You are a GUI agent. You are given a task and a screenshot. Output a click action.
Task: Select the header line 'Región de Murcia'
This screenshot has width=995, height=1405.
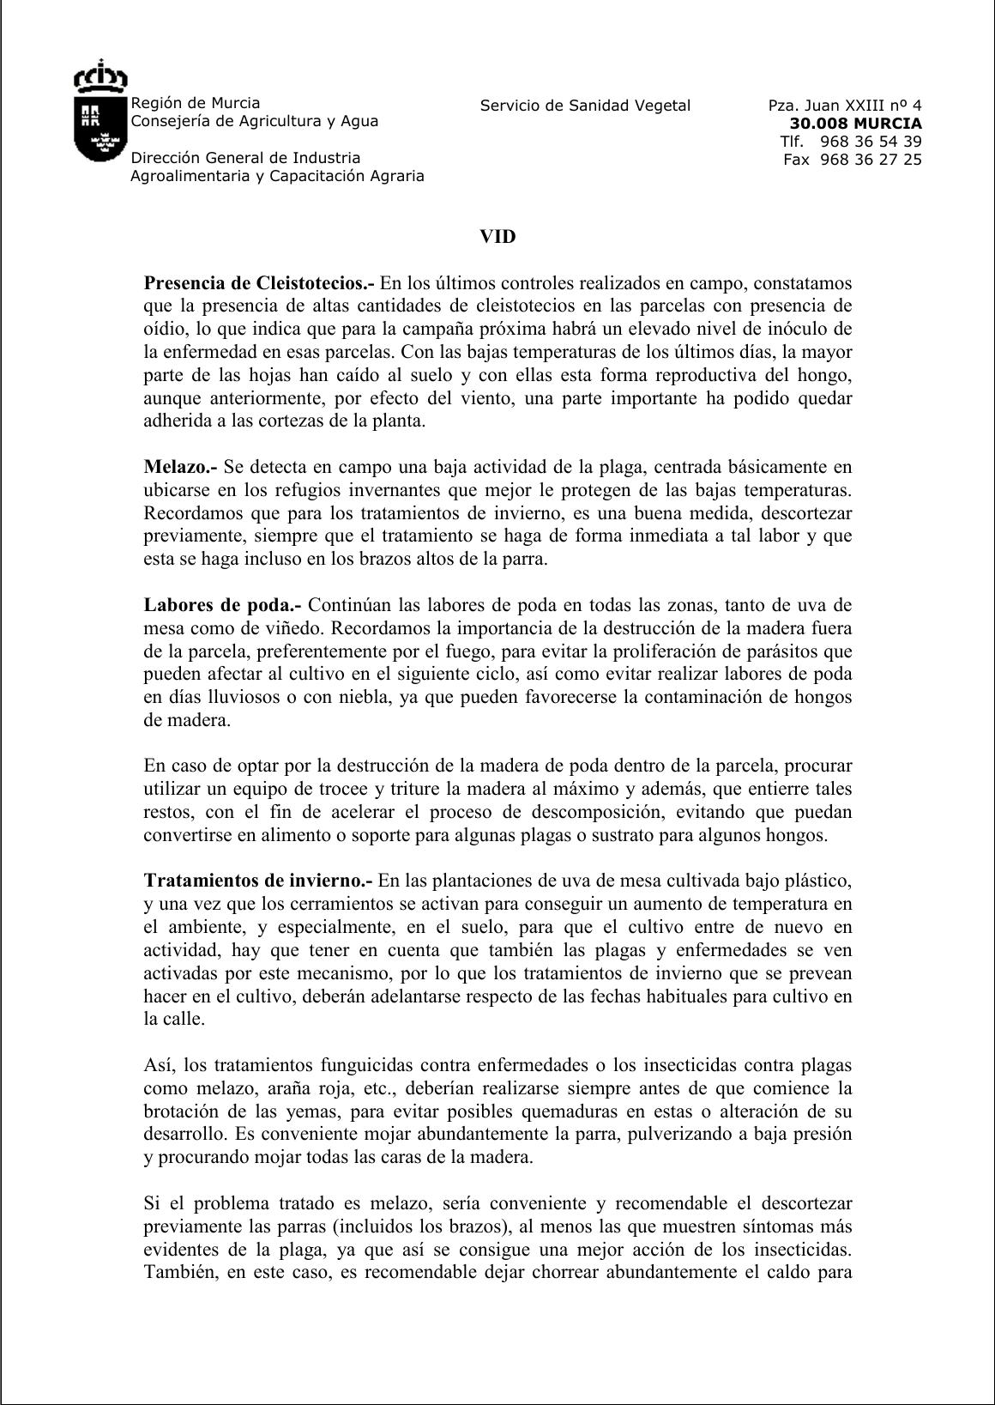195,103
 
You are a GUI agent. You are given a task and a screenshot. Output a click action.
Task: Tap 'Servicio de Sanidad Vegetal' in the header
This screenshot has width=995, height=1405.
585,106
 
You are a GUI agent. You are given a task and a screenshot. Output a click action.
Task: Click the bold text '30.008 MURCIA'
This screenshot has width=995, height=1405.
855,124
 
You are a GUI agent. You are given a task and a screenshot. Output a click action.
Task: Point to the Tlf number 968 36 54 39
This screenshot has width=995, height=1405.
871,142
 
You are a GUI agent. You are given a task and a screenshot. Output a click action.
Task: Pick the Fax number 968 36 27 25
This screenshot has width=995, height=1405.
871,160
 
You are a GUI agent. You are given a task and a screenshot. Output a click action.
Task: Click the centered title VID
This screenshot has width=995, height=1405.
497,237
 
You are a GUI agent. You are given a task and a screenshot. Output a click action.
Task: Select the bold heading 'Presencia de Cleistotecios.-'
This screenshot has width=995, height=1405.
260,283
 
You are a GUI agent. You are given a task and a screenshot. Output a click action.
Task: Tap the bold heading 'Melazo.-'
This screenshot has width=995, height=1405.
181,467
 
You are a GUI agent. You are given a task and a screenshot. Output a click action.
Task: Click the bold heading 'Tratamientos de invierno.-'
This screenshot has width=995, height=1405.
259,881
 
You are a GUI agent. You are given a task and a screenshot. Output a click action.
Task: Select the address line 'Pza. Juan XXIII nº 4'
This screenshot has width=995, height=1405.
845,106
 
